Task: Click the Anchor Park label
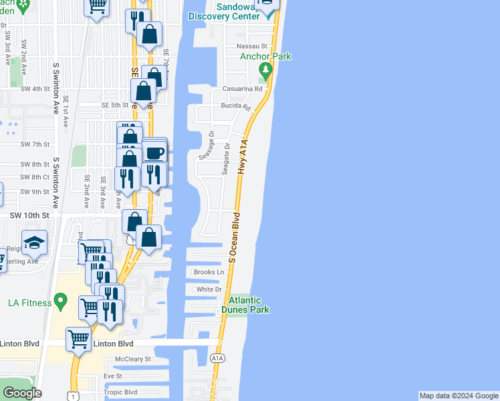pos(266,57)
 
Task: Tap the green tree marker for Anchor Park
pos(266,70)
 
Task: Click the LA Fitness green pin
pos(61,303)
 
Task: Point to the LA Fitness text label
pos(29,303)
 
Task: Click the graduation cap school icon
pos(34,243)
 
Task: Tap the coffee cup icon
pos(154,152)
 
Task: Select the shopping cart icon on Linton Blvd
pos(79,339)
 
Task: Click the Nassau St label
pos(252,46)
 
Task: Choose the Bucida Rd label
pos(235,106)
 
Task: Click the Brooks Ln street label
pos(208,272)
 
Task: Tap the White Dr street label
pos(208,289)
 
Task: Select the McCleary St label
pos(133,359)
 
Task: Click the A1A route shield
pos(218,359)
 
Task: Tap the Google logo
pos(22,393)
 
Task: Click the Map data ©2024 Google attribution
pos(459,396)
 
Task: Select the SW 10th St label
pos(29,216)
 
